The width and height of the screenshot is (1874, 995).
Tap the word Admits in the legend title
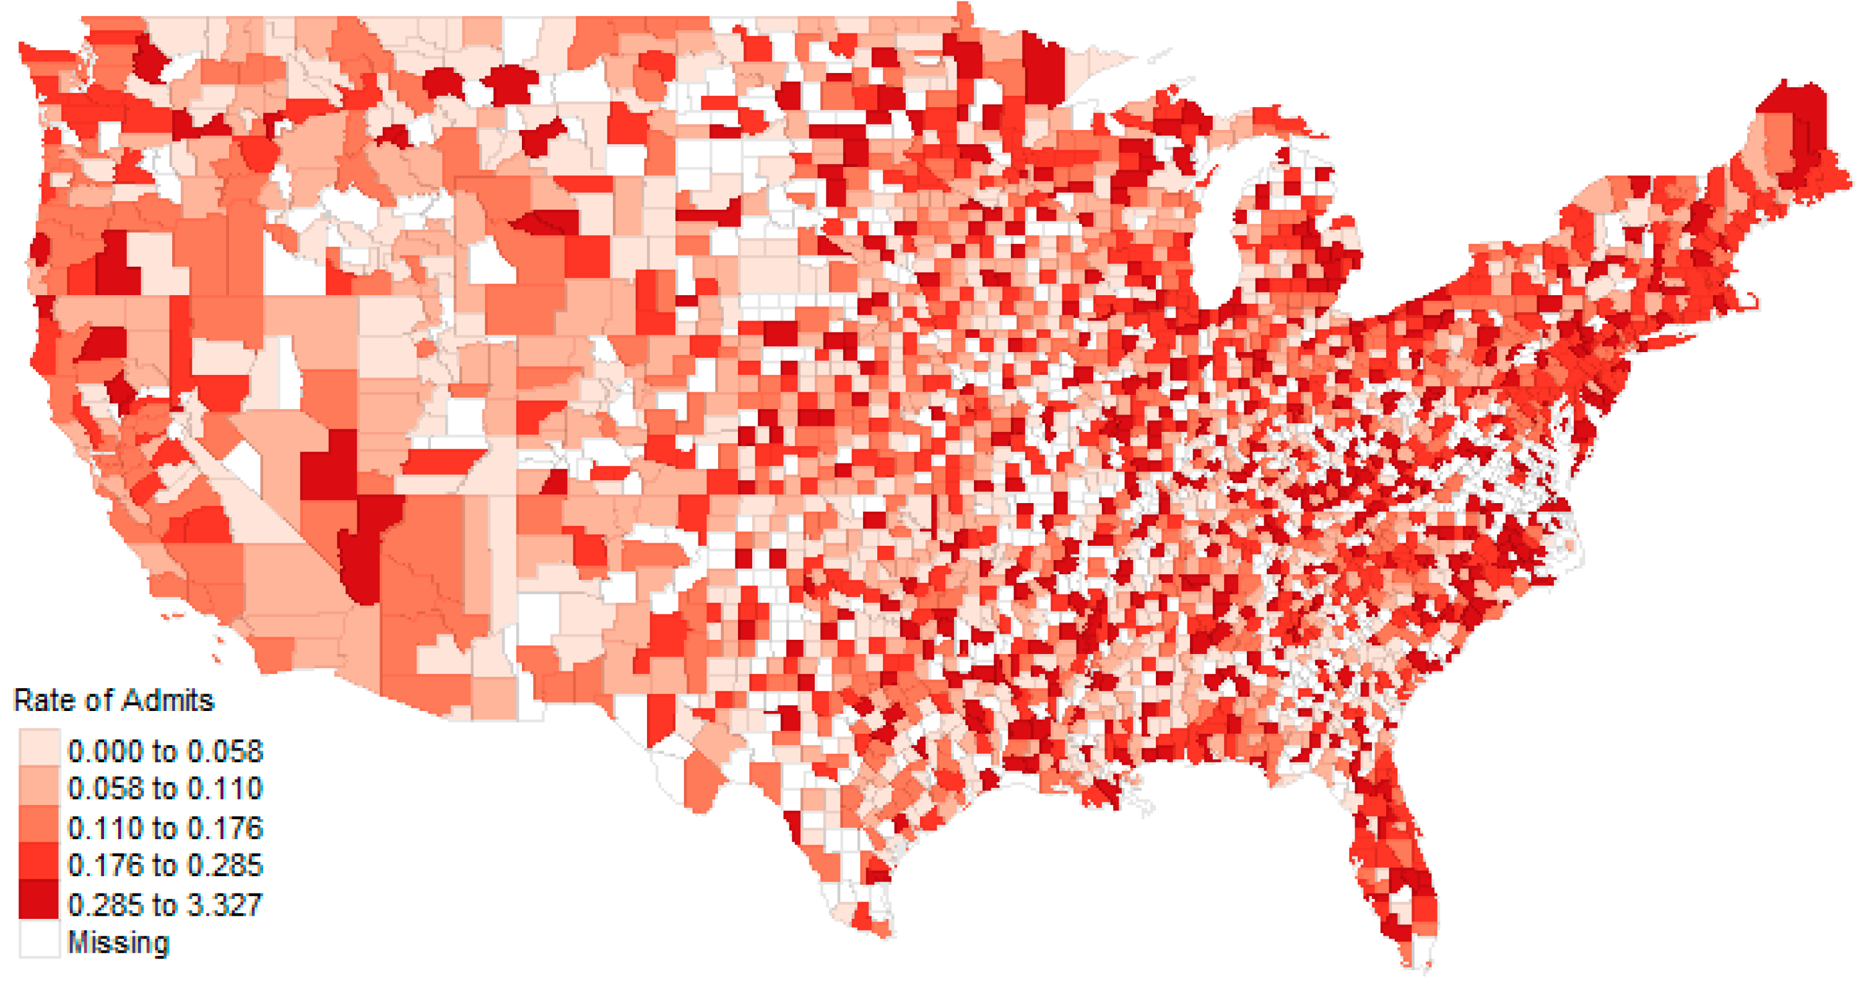coord(168,700)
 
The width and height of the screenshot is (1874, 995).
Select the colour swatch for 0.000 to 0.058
coord(38,746)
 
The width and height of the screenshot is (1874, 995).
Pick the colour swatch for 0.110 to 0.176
coord(38,824)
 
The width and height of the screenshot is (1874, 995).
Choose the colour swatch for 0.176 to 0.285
coord(38,863)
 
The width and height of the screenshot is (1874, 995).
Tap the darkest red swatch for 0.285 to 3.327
coord(38,900)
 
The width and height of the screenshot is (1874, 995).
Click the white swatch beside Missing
coord(38,939)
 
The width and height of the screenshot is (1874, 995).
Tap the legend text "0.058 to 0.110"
coord(165,788)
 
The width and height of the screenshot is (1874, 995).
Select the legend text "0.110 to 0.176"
coord(165,828)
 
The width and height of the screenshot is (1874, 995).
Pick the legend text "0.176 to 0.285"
coord(165,866)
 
